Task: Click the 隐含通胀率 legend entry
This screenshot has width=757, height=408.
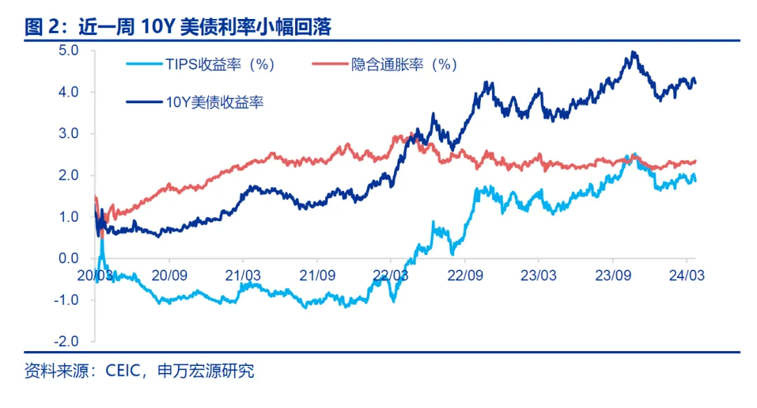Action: click(x=404, y=65)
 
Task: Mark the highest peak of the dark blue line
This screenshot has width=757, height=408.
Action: click(x=633, y=52)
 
